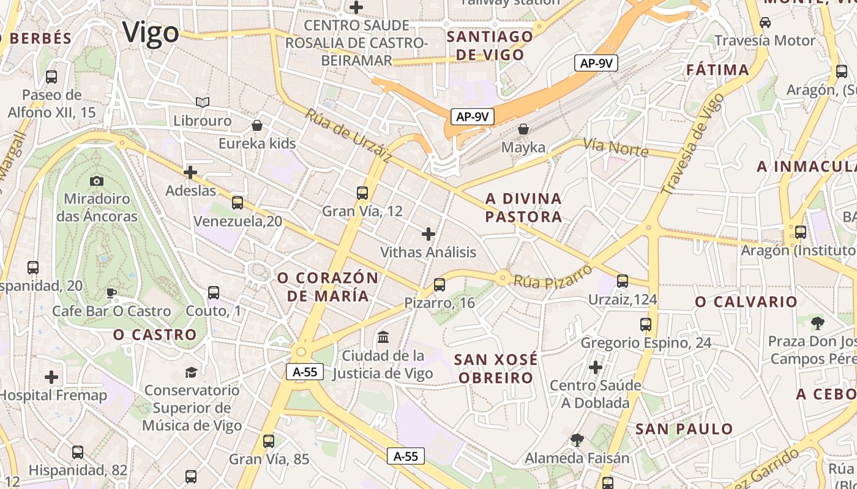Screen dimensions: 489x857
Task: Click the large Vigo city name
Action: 151,32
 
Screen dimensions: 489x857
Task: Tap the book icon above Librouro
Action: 202,102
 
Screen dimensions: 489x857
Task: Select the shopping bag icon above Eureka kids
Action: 258,125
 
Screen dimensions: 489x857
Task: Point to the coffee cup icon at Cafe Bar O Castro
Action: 111,293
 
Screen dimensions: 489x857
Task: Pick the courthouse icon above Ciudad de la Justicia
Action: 383,337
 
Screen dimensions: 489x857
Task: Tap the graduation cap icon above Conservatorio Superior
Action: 192,372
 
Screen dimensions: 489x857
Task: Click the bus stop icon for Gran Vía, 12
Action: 362,193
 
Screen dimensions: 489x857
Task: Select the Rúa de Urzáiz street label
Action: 349,136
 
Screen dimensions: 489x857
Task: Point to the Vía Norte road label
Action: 615,147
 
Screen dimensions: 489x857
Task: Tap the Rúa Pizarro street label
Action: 552,276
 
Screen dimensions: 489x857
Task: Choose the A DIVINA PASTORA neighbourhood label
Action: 523,208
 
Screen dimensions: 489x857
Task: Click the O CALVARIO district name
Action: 746,302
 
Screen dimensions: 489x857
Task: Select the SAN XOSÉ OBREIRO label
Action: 496,369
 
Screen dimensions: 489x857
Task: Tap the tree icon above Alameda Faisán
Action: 577,439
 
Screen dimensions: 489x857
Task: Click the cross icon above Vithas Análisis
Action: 428,233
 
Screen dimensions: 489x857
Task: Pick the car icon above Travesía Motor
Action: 765,23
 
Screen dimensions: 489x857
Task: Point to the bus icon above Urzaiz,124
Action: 623,281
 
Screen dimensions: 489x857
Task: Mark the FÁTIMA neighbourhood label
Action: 718,70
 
